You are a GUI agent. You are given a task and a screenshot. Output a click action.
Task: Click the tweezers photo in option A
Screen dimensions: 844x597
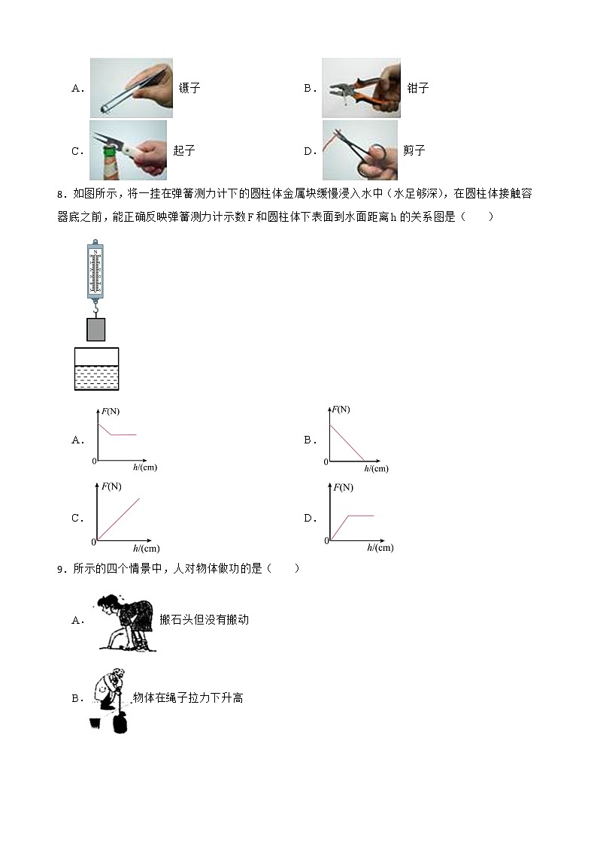click(x=131, y=88)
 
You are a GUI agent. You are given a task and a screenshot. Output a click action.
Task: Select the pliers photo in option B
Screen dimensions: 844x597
click(x=361, y=88)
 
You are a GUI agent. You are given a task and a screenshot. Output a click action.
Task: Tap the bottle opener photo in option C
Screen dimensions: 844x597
click(x=128, y=150)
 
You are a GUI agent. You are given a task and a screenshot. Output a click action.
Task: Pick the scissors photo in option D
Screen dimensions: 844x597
click(x=359, y=150)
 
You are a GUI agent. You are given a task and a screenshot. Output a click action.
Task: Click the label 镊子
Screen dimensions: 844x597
click(x=189, y=88)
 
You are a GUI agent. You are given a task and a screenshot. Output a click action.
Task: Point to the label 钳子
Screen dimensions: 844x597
click(x=418, y=88)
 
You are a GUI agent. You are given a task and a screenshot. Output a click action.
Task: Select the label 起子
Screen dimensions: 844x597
click(x=184, y=150)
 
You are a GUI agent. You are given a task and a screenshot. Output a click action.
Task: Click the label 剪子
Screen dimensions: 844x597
click(x=414, y=150)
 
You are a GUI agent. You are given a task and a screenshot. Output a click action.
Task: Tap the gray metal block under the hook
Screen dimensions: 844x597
click(x=95, y=329)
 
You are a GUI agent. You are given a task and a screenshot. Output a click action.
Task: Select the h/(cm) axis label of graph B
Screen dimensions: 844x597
click(x=376, y=469)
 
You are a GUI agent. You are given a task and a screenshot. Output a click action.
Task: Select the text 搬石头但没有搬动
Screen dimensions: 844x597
click(x=204, y=620)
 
